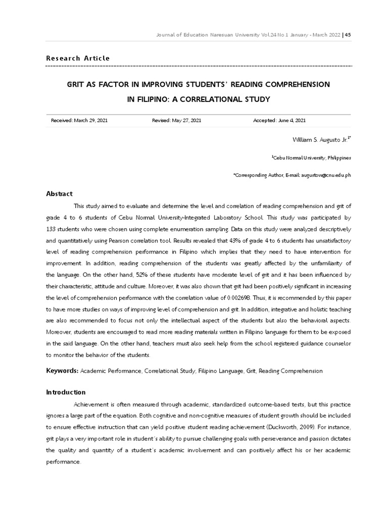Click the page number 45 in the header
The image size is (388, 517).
[x=348, y=35]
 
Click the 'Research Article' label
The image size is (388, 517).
[x=78, y=58]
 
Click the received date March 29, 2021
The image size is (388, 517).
[x=90, y=121]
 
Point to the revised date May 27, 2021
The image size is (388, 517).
[x=186, y=121]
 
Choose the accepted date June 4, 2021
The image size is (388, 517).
[x=292, y=121]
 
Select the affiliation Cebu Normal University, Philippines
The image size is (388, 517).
[x=312, y=158]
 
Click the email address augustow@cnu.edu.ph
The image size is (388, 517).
[x=328, y=175]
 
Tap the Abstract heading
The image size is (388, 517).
[x=60, y=193]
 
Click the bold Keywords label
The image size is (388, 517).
[x=63, y=371]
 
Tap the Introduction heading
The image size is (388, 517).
[x=66, y=392]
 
